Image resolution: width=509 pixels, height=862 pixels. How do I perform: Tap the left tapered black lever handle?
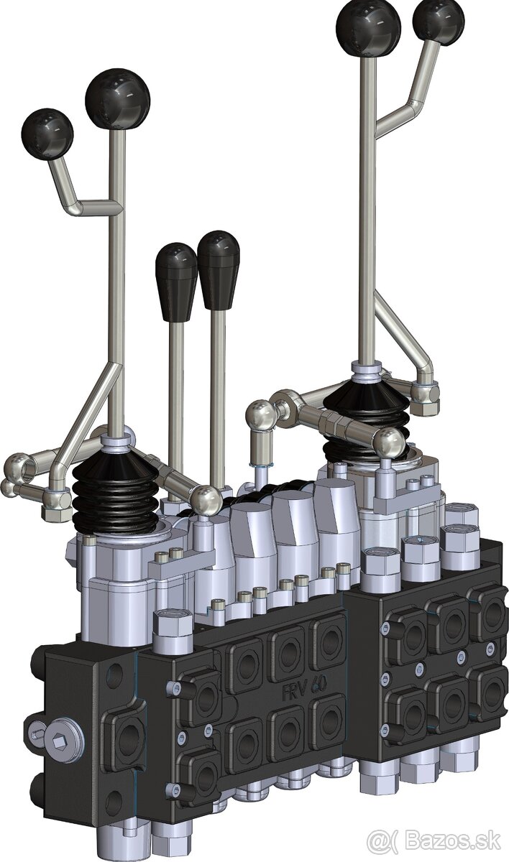pos(175,278)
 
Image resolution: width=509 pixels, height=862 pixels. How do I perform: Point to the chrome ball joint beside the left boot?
pos(206,499)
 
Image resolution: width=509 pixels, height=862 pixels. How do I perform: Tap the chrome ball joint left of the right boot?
pos(261,414)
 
